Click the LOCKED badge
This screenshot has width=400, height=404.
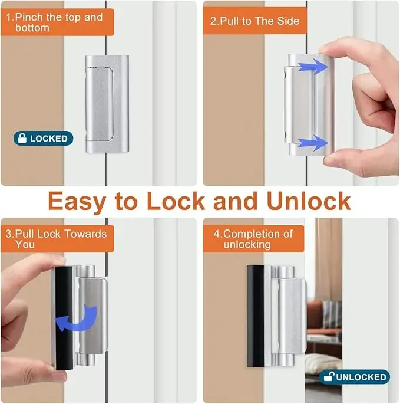pos(44,139)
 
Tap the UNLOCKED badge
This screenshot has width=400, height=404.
pos(354,377)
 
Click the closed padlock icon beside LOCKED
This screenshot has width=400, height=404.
pos(22,139)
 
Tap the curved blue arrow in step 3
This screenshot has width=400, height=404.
pos(79,318)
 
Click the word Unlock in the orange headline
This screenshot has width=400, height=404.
pos(308,201)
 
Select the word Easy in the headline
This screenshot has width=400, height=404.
pos(77,201)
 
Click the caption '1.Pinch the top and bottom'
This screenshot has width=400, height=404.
pos(54,22)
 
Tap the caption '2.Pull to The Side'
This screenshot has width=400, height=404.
pos(255,21)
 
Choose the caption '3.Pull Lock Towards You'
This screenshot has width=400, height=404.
pos(56,239)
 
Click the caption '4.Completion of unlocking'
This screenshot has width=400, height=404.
pos(253,239)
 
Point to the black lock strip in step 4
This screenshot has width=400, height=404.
pos(254,315)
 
